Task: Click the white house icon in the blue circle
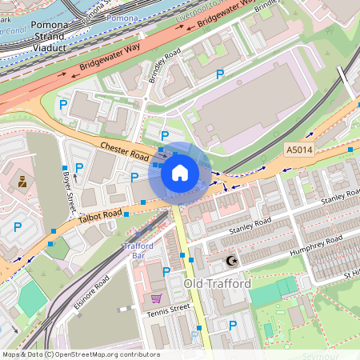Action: pos(180,172)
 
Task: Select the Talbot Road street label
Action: pos(100,214)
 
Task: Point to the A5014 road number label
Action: pos(300,149)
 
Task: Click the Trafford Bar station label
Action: pos(138,251)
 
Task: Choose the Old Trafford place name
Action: pos(218,284)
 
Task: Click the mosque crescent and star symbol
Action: pos(232,261)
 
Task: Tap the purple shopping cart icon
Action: pos(156,298)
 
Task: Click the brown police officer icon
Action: pos(22,182)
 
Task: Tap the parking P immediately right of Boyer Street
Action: pos(79,167)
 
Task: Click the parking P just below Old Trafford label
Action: pos(232,325)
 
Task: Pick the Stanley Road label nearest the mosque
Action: pos(246,230)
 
